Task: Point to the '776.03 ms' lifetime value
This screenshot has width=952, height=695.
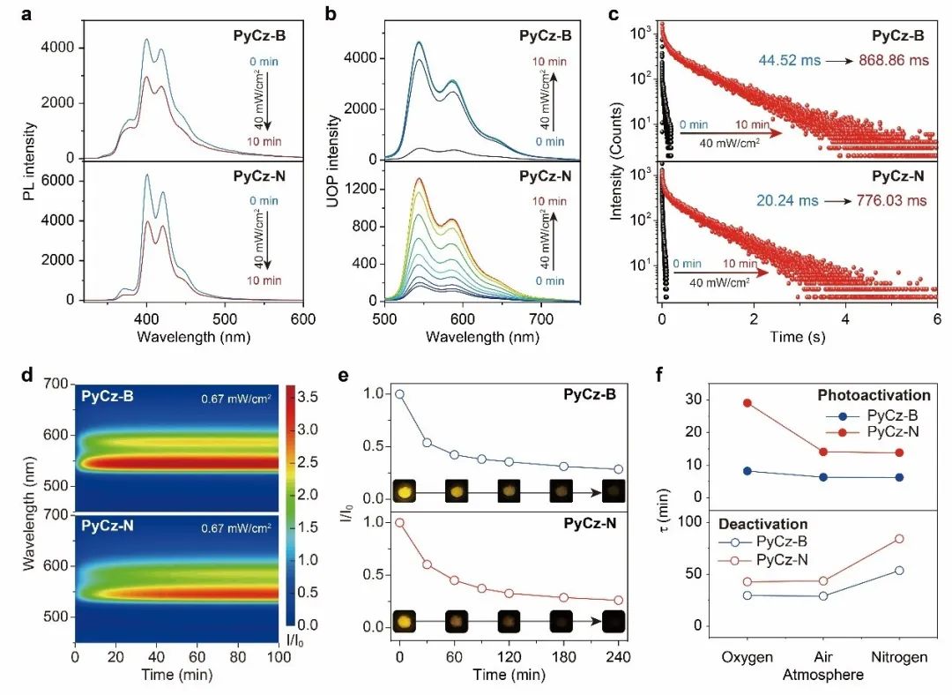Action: [x=892, y=200]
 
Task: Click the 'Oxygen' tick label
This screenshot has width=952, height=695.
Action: [x=747, y=657]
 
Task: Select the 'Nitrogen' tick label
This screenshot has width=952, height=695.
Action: [x=897, y=657]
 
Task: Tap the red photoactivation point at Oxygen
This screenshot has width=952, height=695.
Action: [x=747, y=403]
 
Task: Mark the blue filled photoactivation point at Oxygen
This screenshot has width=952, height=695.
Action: [x=747, y=471]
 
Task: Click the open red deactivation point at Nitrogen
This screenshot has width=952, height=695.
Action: [x=898, y=538]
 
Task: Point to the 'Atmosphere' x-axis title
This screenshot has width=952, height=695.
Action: [x=822, y=675]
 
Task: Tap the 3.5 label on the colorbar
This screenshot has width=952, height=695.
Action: [x=309, y=397]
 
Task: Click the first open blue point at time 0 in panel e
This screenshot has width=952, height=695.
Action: [x=400, y=394]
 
